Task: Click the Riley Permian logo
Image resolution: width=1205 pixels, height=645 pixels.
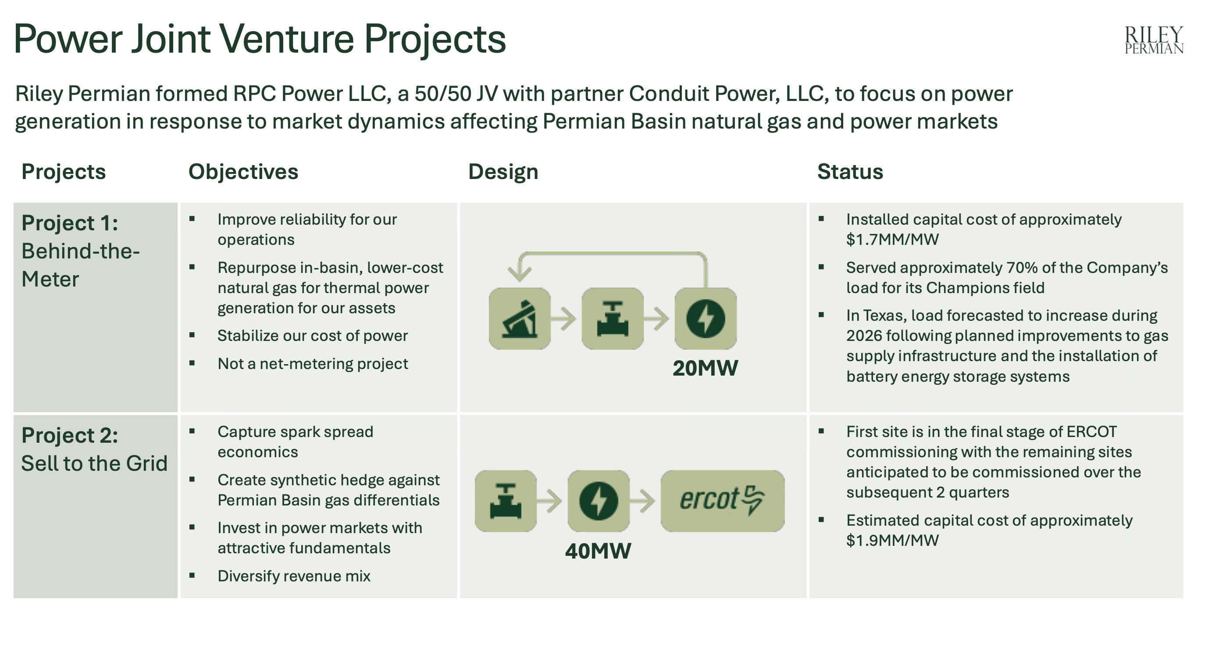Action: tap(1154, 40)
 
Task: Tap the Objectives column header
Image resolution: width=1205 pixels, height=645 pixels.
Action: tap(243, 172)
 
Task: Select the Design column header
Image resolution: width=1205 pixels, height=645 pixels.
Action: tap(503, 172)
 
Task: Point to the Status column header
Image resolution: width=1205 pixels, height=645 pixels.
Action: tap(850, 172)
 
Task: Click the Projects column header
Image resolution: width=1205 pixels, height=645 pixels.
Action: tap(64, 172)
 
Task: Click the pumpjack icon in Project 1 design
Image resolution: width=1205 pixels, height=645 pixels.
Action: tap(519, 319)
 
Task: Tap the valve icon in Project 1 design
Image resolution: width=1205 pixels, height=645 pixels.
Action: tap(612, 319)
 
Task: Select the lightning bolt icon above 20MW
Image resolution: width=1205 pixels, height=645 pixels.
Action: tap(706, 319)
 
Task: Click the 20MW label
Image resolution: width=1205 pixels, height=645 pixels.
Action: tap(705, 368)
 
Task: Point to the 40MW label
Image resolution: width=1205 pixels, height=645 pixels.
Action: tap(598, 551)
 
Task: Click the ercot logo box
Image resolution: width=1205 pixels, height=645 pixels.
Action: tap(722, 501)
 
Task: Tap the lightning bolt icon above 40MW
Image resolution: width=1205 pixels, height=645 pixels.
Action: tap(598, 501)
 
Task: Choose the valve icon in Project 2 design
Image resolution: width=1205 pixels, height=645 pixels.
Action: tap(505, 501)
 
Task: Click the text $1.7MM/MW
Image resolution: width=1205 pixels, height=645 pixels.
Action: tap(892, 240)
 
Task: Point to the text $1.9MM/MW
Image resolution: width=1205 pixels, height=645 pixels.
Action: tap(892, 541)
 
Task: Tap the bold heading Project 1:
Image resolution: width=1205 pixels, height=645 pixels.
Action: tap(70, 223)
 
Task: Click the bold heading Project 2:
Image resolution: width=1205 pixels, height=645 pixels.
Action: tap(70, 435)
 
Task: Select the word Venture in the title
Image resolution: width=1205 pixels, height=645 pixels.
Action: tap(286, 39)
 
